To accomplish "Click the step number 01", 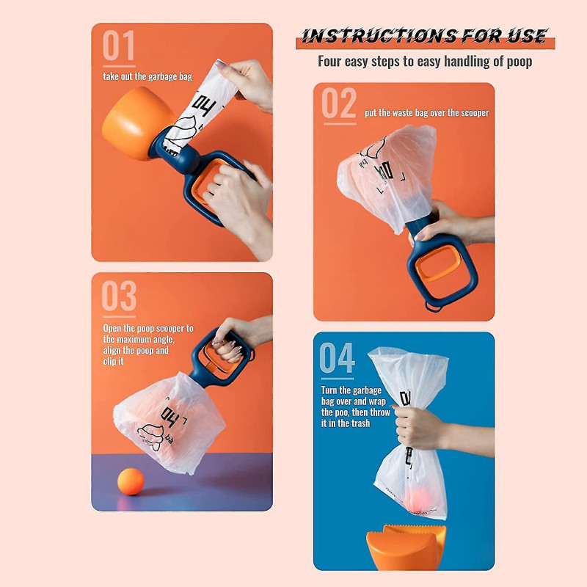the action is tap(119, 45).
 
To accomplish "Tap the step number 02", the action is tap(339, 103).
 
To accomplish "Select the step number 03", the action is tap(119, 296).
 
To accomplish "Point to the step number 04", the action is tap(337, 357).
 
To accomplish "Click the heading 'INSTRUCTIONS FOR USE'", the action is tap(425, 36).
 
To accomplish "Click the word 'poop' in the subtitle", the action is tap(519, 62).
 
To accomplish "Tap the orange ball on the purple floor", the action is tap(131, 481).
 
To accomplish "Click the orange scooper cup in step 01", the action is tap(135, 122).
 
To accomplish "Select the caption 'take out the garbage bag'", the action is tap(147, 77).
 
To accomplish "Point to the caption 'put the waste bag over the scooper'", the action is tap(427, 113).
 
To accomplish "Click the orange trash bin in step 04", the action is tap(406, 547).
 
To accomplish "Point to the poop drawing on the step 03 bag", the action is tap(150, 437).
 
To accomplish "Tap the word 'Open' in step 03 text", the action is tap(112, 329).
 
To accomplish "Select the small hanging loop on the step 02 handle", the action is tap(434, 307).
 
